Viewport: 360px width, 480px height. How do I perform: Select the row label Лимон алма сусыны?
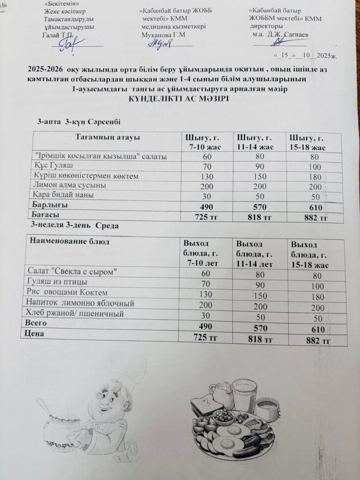tap(70, 185)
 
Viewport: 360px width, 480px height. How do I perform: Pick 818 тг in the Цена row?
tap(260, 339)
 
